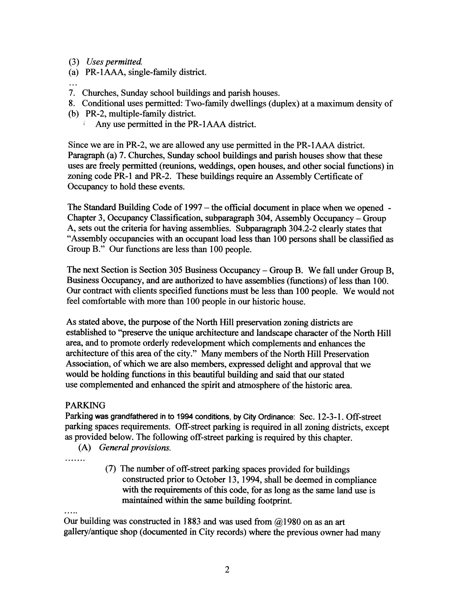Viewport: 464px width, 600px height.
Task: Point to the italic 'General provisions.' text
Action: (135, 448)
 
